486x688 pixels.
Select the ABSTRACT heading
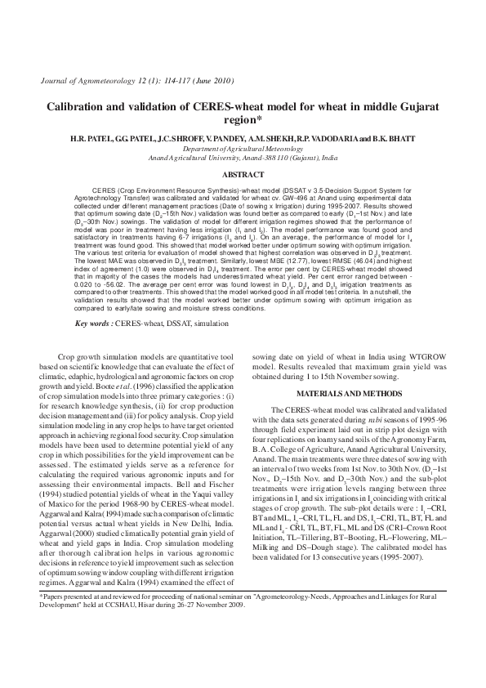pos(243,175)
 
